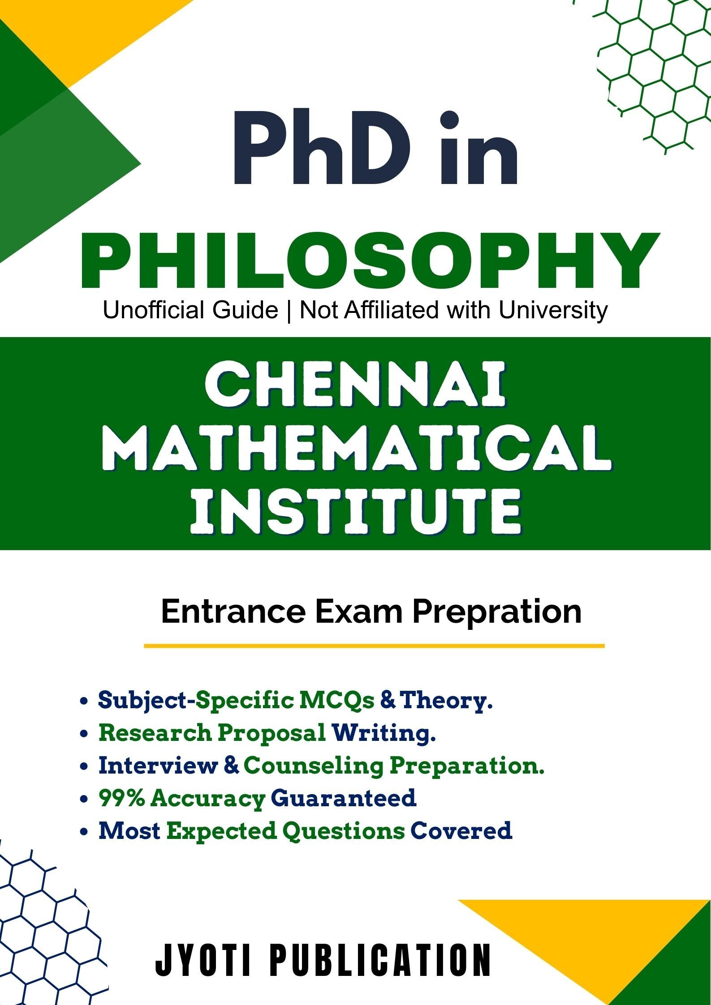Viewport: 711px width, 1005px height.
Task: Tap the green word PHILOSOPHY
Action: coord(370,261)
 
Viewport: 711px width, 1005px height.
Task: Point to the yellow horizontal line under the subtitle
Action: coord(374,646)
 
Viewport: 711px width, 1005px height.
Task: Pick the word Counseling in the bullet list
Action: coord(314,766)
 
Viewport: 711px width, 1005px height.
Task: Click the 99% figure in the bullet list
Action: coord(122,797)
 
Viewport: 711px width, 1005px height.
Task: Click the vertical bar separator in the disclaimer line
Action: coord(289,310)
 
